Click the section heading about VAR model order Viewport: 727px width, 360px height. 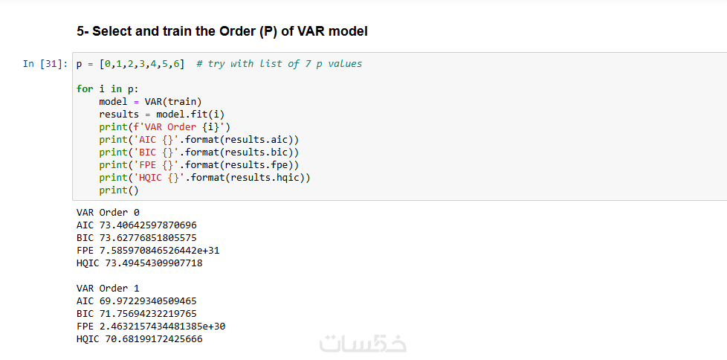[x=222, y=31]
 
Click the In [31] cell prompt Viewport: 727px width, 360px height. [x=45, y=63]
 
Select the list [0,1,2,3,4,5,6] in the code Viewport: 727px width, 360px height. [x=142, y=63]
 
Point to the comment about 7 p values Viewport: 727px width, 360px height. [x=279, y=63]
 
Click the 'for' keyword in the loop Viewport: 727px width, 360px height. [x=85, y=89]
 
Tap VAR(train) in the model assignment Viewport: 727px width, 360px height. [x=173, y=102]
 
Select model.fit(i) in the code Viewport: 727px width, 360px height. [x=190, y=114]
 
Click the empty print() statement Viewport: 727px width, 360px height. [x=119, y=190]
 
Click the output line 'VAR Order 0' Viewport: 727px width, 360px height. [x=108, y=213]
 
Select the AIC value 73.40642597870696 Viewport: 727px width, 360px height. [x=148, y=225]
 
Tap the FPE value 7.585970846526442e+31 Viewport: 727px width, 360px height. [x=160, y=251]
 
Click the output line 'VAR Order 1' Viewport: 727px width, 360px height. [x=108, y=289]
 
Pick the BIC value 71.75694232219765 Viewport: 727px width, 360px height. [x=148, y=314]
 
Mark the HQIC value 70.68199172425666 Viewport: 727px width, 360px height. [x=151, y=339]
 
